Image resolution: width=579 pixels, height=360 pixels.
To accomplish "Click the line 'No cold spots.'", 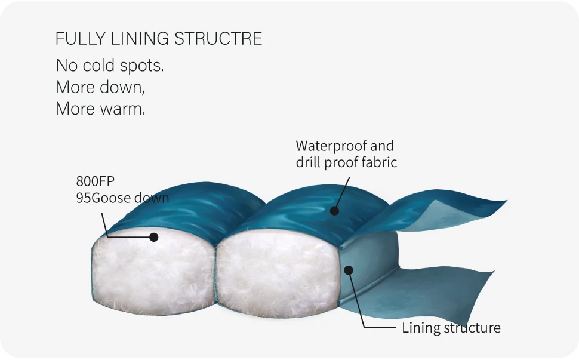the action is (109, 66).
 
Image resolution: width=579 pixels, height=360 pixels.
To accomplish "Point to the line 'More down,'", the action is (100, 87).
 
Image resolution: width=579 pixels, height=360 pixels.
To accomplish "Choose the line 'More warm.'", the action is (100, 109).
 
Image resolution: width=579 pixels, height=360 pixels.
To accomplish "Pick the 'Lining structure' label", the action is (451, 327).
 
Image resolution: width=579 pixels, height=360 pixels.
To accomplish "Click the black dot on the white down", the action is (153, 237).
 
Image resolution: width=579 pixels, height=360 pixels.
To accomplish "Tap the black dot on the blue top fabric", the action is (334, 210).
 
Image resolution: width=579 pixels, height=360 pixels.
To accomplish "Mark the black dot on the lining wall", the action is (350, 270).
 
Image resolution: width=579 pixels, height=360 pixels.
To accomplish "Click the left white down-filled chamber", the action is (152, 272).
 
